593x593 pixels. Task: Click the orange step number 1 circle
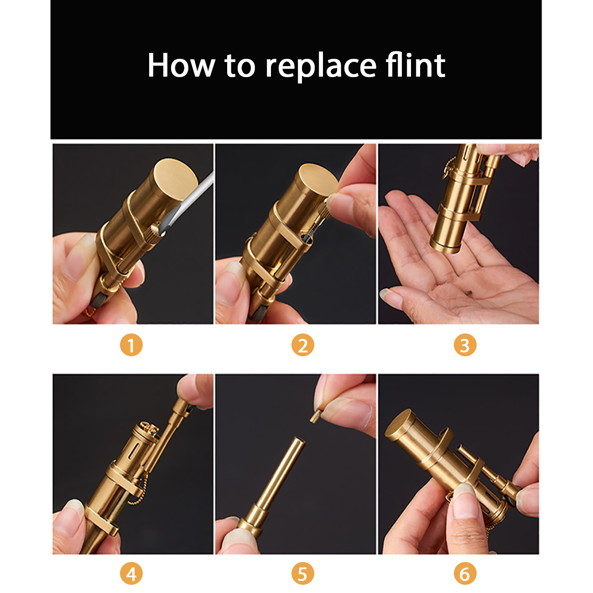point(131,345)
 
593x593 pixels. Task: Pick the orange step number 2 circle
point(303,345)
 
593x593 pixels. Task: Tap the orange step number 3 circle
point(465,345)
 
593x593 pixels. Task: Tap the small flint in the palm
point(469,293)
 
